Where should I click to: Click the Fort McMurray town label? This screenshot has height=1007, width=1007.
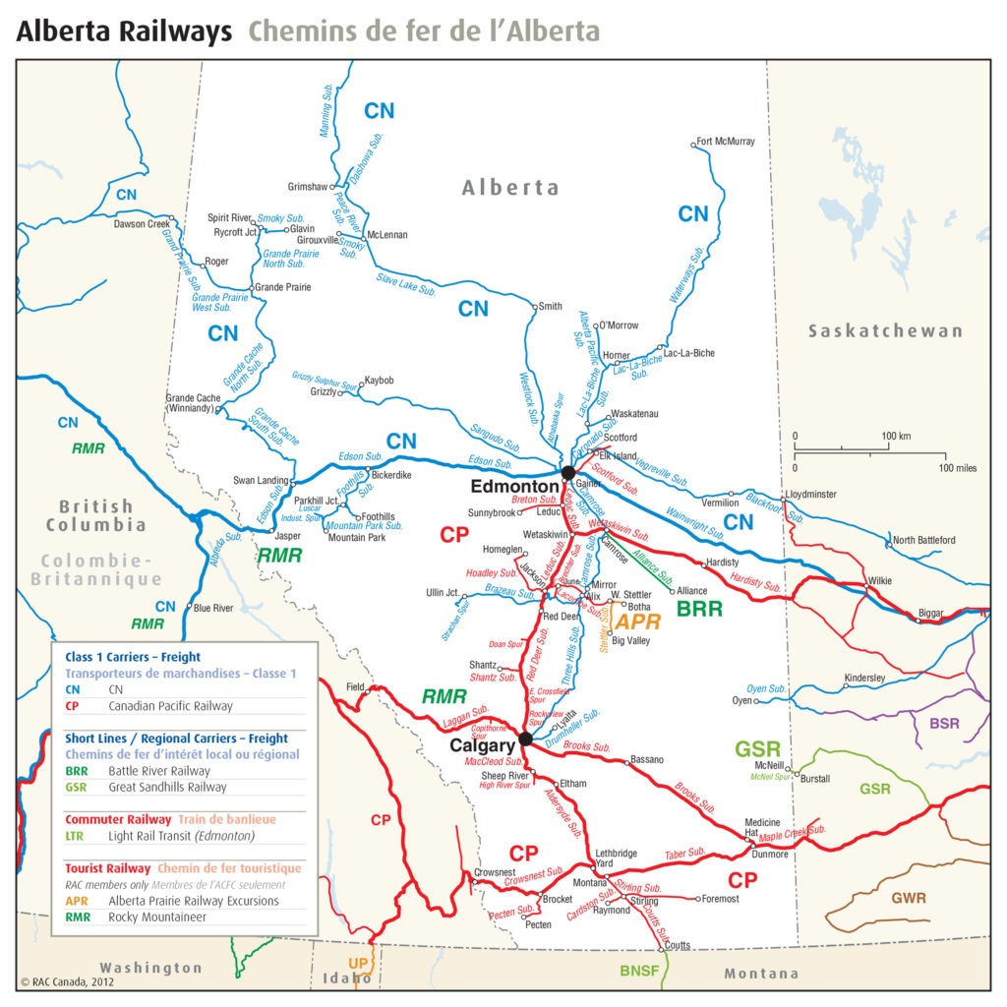click(725, 142)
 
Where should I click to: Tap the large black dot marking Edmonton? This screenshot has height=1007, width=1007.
click(567, 473)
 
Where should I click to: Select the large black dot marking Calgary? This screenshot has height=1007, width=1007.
click(525, 739)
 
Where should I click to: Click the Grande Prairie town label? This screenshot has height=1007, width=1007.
click(282, 287)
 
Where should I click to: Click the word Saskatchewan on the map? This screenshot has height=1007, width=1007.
click(885, 331)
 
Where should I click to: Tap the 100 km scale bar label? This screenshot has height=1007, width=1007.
click(895, 436)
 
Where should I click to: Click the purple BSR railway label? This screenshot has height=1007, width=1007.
click(944, 723)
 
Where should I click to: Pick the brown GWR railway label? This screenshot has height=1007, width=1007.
click(908, 898)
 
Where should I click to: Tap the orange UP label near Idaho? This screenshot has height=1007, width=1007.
click(358, 963)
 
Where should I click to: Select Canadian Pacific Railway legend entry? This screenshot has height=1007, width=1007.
click(170, 706)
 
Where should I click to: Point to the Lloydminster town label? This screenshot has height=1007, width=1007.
click(810, 494)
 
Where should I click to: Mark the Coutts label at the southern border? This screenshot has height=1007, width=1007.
click(678, 945)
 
